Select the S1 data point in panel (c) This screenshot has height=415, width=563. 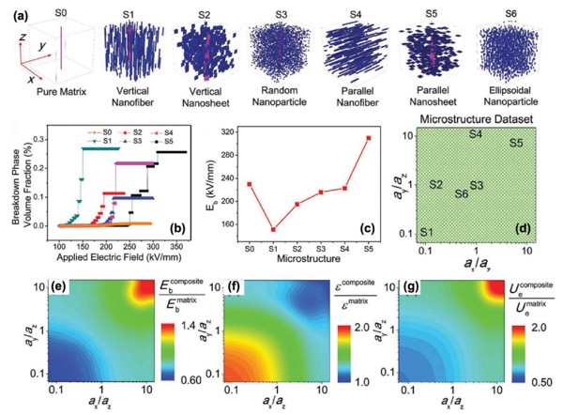272,229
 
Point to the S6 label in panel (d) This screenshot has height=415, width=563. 460,193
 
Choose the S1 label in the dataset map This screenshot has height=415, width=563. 427,232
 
